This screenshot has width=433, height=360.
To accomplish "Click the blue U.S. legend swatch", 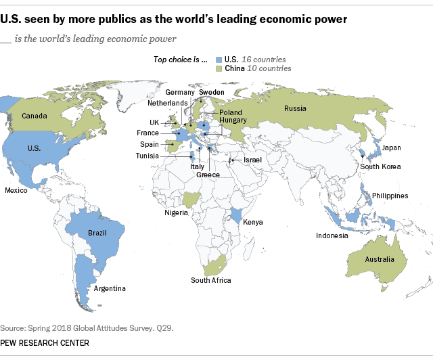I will (217, 60).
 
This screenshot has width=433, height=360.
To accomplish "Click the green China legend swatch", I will (217, 68).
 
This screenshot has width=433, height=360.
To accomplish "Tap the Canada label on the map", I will (34, 116).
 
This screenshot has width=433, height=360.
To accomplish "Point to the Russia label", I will (295, 108).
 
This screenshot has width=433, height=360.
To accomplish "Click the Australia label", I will (381, 259).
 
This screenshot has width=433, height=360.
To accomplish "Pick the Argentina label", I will (110, 289).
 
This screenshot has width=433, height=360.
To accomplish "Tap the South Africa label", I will (210, 280).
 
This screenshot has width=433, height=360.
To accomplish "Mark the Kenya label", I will (252, 222).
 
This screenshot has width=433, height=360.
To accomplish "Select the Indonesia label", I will (332, 235).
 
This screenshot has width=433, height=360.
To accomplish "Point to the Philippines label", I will (389, 196).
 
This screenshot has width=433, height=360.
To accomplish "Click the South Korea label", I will (380, 166).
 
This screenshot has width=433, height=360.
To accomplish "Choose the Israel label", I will (252, 159).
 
